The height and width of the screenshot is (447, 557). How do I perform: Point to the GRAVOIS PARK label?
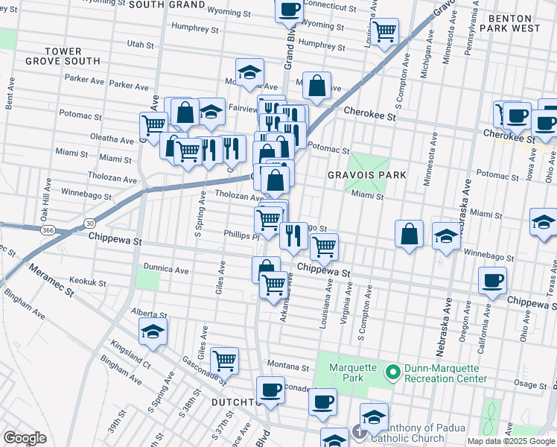coord(366,175)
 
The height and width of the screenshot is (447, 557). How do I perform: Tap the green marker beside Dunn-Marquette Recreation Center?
coord(392,370)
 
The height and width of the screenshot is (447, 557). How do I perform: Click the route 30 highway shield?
coord(89,222)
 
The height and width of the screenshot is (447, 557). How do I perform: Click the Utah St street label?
coord(140,45)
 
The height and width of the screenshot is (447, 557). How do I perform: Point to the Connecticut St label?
coord(335,6)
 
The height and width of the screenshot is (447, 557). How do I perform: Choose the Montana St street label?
coord(288,367)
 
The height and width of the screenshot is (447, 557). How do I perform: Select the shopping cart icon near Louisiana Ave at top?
coord(384,32)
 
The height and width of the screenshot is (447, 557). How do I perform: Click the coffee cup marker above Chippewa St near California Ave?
coord(492,282)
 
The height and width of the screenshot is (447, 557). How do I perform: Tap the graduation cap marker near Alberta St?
coord(153,332)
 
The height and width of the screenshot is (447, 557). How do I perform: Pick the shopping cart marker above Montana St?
coord(224,361)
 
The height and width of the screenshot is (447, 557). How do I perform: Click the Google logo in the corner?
coord(25,438)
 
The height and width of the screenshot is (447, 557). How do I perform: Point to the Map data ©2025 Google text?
coord(511,441)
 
